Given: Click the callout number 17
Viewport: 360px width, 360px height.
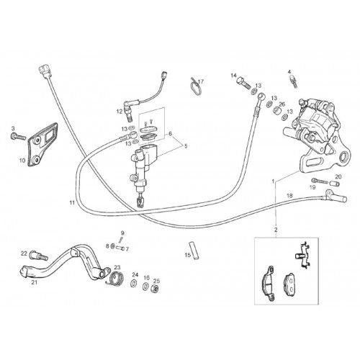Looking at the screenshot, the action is (201, 82).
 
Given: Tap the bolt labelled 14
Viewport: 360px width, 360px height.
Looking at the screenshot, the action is (243, 83).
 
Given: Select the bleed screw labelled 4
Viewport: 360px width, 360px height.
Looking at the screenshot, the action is (293, 81).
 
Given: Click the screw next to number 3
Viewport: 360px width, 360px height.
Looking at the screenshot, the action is (18, 137).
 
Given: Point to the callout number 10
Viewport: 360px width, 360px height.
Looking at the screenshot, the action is (22, 160).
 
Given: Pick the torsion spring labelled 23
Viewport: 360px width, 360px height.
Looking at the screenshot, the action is (116, 279).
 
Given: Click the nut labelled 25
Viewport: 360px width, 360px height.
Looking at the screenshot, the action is (156, 289).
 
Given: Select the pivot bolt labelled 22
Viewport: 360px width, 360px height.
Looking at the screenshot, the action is (38, 256).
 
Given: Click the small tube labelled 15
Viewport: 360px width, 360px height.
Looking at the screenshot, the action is (194, 250).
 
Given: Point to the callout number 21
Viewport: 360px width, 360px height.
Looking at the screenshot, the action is (35, 282).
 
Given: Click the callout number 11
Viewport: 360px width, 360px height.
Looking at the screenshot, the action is (72, 203).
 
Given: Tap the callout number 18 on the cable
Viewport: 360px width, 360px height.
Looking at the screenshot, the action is (289, 196).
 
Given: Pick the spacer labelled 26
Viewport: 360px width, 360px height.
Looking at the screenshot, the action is (278, 111).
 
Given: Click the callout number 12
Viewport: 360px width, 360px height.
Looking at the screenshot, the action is (120, 112).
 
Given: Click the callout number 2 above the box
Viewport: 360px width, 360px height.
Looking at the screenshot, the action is (276, 230).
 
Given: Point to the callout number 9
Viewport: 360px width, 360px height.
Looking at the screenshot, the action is (122, 233).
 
